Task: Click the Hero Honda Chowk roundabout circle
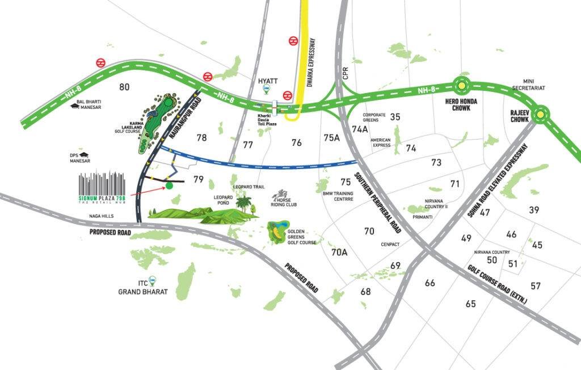click(462, 86)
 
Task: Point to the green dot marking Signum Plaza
click(169, 186)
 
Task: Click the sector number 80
click(125, 87)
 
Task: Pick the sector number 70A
click(339, 252)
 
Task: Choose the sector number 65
click(470, 304)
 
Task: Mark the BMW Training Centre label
click(338, 196)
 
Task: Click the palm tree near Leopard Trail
click(245, 203)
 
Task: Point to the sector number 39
click(534, 210)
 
